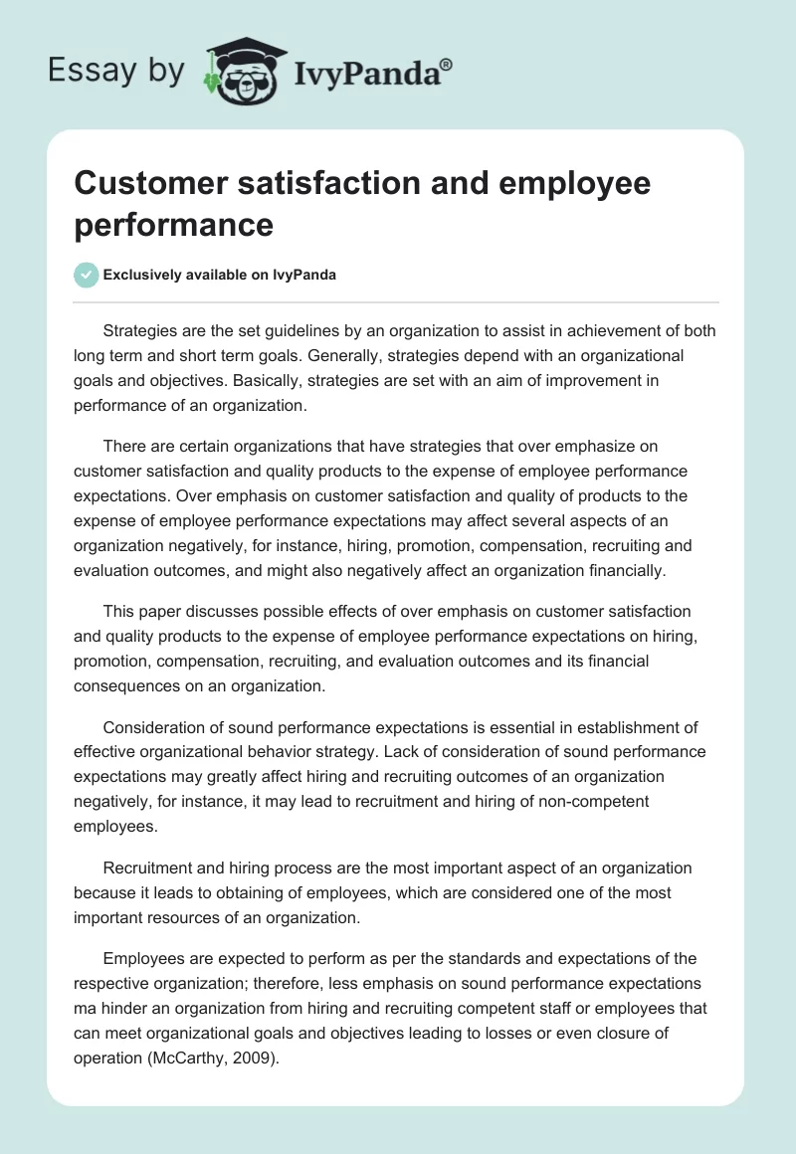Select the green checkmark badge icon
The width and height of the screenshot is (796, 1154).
pyautogui.click(x=87, y=275)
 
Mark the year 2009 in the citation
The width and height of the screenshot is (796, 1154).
pyautogui.click(x=248, y=1058)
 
